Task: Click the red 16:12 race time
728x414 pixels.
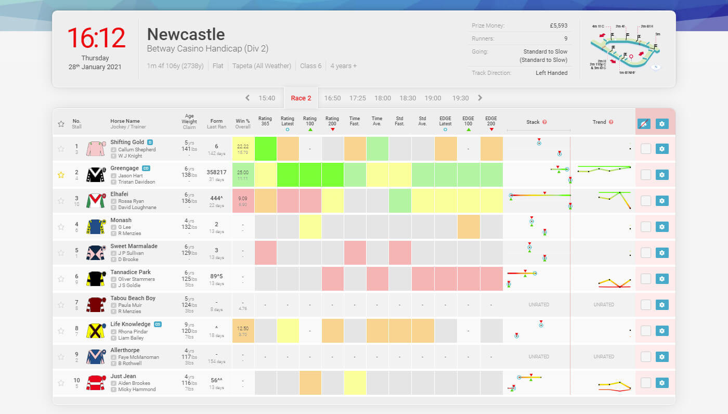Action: [96, 38]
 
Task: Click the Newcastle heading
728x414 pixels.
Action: [186, 34]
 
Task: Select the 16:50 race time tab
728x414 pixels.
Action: [332, 98]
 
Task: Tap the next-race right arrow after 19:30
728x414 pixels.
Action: [479, 98]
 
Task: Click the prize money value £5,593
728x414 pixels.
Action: [558, 25]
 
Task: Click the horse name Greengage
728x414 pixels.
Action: [124, 168]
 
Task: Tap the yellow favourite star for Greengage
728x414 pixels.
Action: [61, 175]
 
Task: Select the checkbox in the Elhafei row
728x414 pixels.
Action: [645, 201]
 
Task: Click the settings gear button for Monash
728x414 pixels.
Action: [661, 227]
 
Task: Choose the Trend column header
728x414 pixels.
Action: [599, 122]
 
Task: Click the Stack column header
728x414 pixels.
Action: [533, 122]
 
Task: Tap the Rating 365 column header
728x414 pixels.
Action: [265, 121]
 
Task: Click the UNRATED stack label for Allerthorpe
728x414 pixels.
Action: [538, 357]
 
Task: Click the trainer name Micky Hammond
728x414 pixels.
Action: [136, 390]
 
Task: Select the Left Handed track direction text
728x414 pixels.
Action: [551, 73]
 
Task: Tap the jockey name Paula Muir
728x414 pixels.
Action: [131, 305]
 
